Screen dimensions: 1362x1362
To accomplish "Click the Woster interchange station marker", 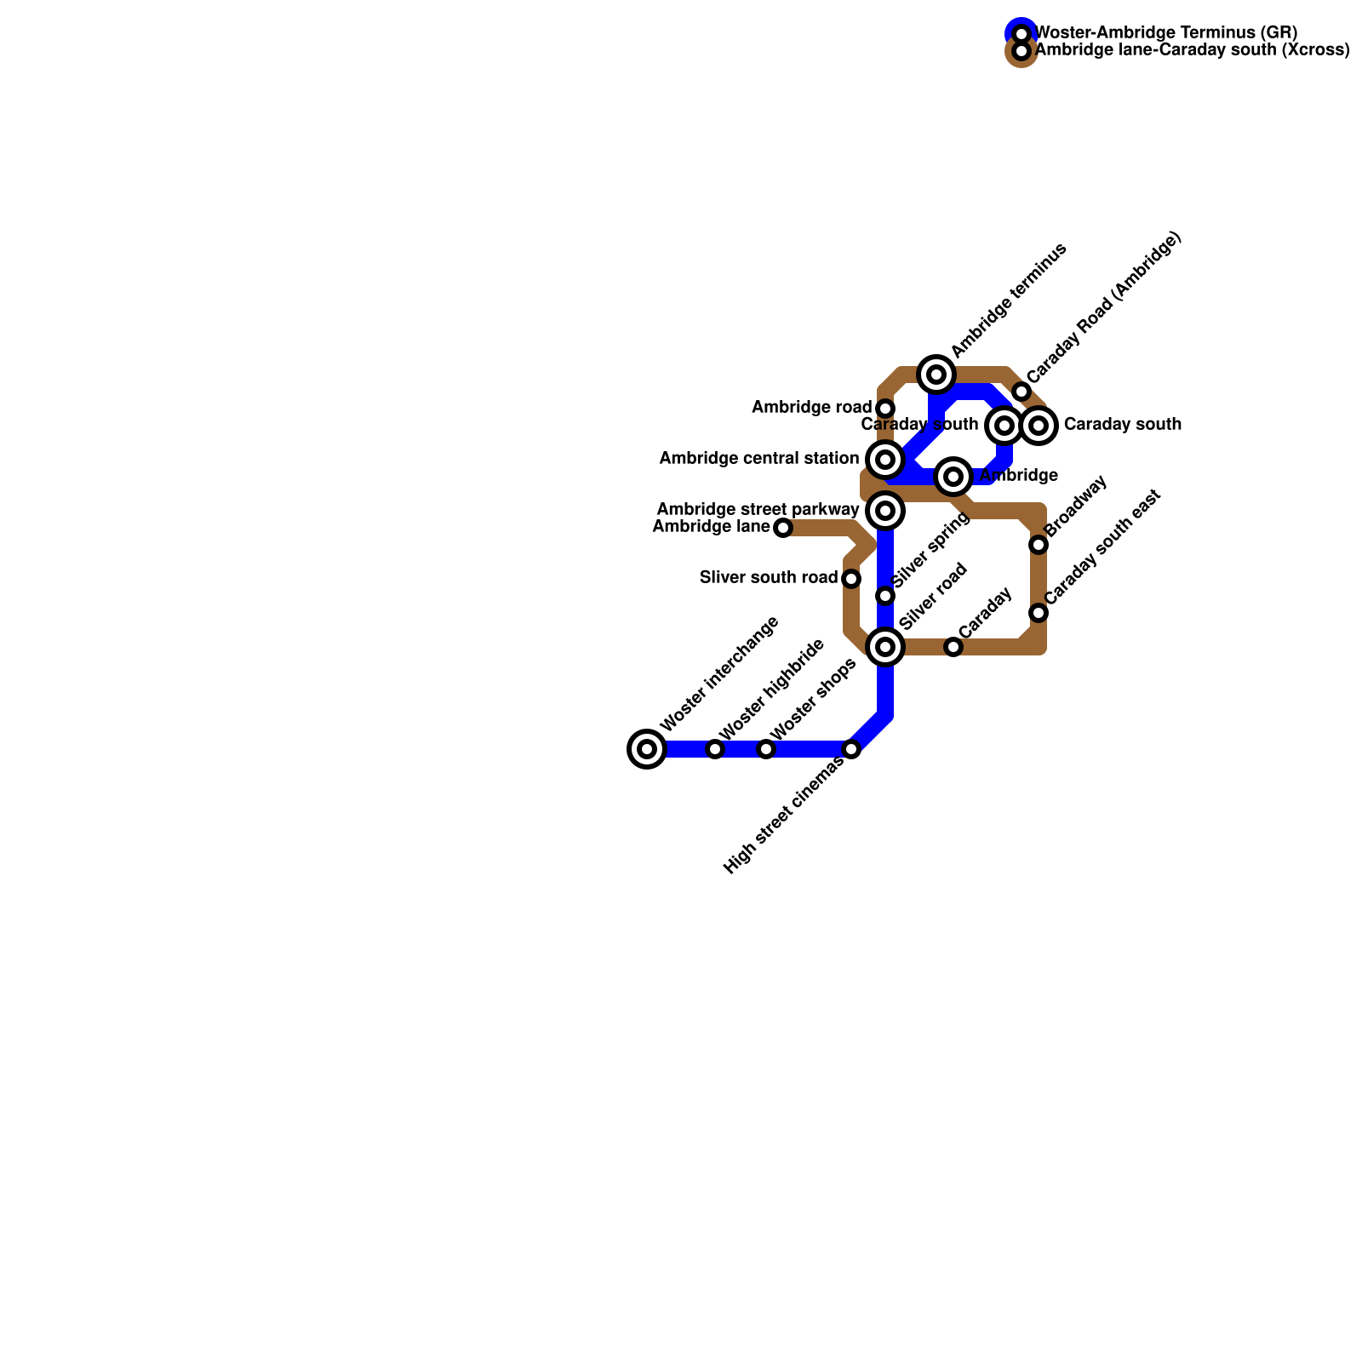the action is [x=647, y=749].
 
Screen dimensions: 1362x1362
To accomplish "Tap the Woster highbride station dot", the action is [x=715, y=749].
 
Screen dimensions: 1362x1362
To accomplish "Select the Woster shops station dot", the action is [x=766, y=749].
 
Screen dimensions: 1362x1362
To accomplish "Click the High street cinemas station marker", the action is [x=851, y=749].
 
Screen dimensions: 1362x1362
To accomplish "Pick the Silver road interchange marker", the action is [x=885, y=647].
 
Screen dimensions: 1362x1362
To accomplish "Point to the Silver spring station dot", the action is [x=885, y=596].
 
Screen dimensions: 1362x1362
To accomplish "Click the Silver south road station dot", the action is [x=851, y=579].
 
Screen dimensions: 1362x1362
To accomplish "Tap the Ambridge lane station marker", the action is [x=783, y=528].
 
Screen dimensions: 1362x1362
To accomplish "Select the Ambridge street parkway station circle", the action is [x=885, y=511].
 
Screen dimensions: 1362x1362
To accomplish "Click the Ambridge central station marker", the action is [x=885, y=460].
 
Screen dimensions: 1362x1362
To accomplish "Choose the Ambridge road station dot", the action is [x=885, y=409].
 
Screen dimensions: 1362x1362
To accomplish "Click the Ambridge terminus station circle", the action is [x=936, y=375].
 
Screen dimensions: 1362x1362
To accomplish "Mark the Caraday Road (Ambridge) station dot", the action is [x=1021, y=392].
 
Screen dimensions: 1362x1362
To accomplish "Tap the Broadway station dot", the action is [x=1039, y=545].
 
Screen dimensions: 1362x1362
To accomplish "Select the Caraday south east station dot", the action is [x=1039, y=613].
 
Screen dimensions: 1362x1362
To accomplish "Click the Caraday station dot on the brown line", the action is [x=953, y=647].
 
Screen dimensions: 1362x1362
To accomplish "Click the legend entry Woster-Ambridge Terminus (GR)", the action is [x=1165, y=33].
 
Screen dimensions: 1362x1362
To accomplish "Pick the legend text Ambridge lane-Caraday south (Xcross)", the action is [x=1192, y=50].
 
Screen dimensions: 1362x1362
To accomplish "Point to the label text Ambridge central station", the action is [x=759, y=459].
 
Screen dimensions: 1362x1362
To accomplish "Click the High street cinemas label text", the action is [x=783, y=815].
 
